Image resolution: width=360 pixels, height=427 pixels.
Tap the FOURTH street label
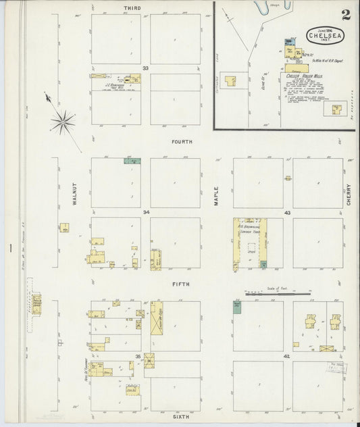(x=182, y=142)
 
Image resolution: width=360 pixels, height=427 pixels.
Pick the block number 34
(x=145, y=211)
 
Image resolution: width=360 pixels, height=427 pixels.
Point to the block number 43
(x=287, y=212)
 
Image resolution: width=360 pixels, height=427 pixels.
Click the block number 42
(x=287, y=355)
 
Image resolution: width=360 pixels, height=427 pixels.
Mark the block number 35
(x=138, y=355)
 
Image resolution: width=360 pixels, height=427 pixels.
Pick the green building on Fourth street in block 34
(x=132, y=161)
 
